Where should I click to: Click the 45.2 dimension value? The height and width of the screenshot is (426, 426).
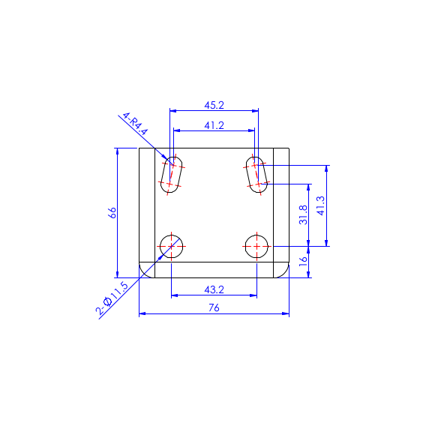click(x=214, y=105)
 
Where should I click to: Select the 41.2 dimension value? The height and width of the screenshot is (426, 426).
click(x=214, y=125)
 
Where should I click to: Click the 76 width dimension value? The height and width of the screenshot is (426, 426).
click(x=214, y=307)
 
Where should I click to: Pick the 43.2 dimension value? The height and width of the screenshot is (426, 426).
click(x=214, y=289)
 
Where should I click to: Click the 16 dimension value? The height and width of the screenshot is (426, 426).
click(x=303, y=261)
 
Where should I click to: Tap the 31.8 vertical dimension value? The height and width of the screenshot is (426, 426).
click(x=303, y=214)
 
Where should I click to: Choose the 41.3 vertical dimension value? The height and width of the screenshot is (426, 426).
click(x=321, y=205)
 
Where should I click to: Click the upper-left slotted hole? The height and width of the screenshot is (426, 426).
click(x=172, y=175)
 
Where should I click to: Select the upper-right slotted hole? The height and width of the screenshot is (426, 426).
click(x=257, y=175)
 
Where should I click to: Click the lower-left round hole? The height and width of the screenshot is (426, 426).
click(x=172, y=245)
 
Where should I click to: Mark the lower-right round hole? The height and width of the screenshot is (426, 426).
click(x=257, y=245)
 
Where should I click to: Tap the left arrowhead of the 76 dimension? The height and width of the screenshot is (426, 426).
click(x=142, y=313)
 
